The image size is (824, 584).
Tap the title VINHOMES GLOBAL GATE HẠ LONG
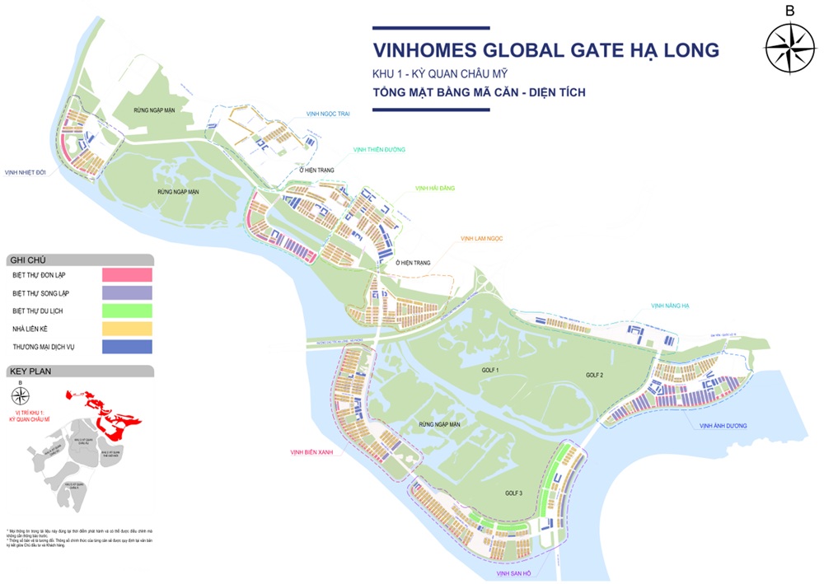(x=545, y=50)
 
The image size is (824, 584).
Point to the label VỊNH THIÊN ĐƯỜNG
(x=379, y=150)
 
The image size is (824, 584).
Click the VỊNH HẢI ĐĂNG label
(x=435, y=189)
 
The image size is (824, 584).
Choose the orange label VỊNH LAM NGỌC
(x=481, y=239)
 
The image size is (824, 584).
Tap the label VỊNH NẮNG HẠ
(x=670, y=306)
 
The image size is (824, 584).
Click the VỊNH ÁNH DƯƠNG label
(x=723, y=426)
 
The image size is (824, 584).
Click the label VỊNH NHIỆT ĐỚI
(x=25, y=172)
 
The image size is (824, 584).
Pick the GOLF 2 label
(x=595, y=375)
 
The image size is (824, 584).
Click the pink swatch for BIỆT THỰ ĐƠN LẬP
(x=127, y=275)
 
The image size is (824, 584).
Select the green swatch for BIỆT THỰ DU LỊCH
(x=127, y=311)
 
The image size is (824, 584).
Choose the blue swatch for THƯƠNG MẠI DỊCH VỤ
(x=127, y=347)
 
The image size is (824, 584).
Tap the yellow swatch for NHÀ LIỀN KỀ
(x=127, y=329)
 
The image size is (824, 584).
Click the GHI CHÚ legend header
(x=23, y=259)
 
